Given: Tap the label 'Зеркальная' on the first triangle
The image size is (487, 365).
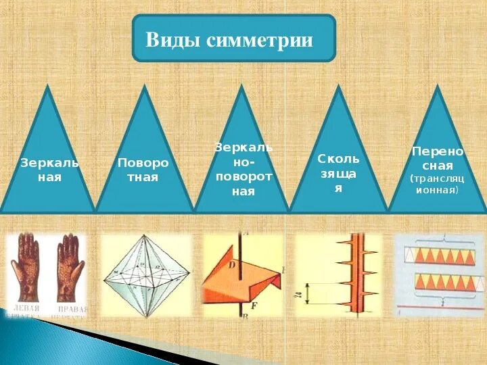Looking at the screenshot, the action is [49, 170].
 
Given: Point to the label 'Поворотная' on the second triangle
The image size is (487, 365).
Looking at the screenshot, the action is [143, 170].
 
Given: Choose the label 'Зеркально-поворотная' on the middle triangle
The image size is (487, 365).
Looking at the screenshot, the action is [243, 169].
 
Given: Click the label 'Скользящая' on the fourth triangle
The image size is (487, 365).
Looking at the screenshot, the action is [339, 173].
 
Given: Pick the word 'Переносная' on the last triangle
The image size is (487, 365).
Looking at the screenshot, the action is [438, 159].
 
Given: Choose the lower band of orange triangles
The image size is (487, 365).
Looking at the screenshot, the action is [439, 282].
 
